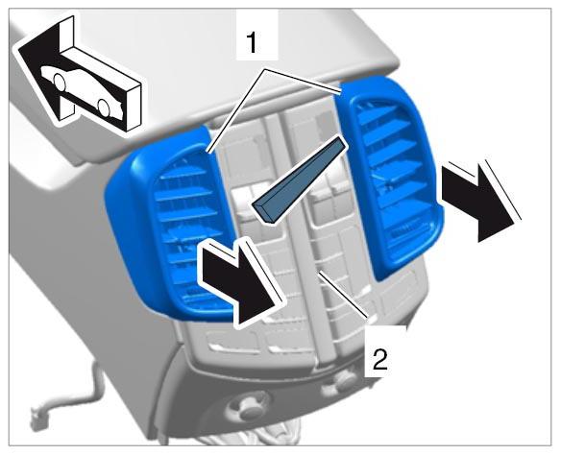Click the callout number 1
coord(253,42)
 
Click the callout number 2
coord(379,360)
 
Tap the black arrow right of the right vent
coord(478,201)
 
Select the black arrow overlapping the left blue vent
coord(240,281)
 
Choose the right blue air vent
coord(390,175)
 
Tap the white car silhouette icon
coord(83,91)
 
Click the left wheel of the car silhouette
coord(59,82)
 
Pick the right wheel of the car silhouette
coord(104,108)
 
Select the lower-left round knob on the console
coord(248,406)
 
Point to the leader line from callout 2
coord(343,294)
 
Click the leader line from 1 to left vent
coord(236,111)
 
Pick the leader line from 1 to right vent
coord(303,79)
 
